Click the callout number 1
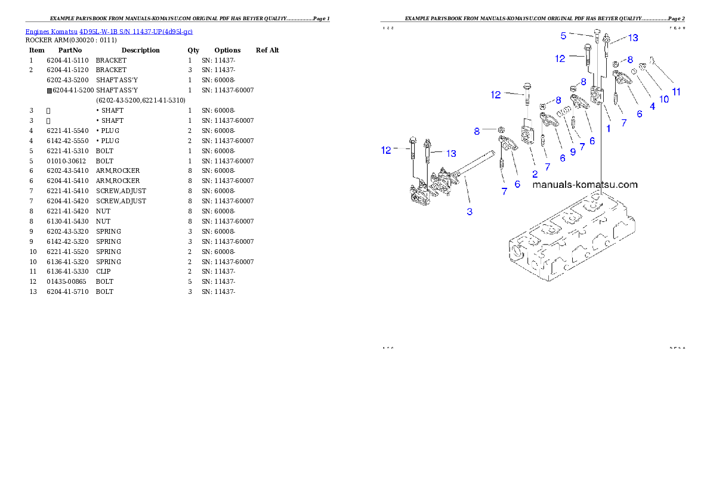click(609, 128)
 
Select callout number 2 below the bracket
click(535, 174)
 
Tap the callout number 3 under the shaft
click(470, 212)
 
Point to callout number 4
click(652, 106)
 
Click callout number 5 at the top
click(563, 36)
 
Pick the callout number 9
click(573, 152)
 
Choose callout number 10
click(664, 100)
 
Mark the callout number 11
click(676, 92)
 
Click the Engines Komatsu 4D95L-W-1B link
click(109, 31)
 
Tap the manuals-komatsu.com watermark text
click(585, 185)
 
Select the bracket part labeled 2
click(527, 135)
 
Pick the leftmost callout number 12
click(387, 150)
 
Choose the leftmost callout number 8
click(477, 131)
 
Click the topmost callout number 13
click(632, 38)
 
